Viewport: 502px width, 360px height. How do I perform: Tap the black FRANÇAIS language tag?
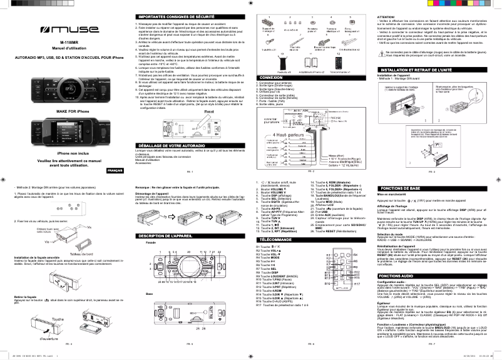click(115, 171)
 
